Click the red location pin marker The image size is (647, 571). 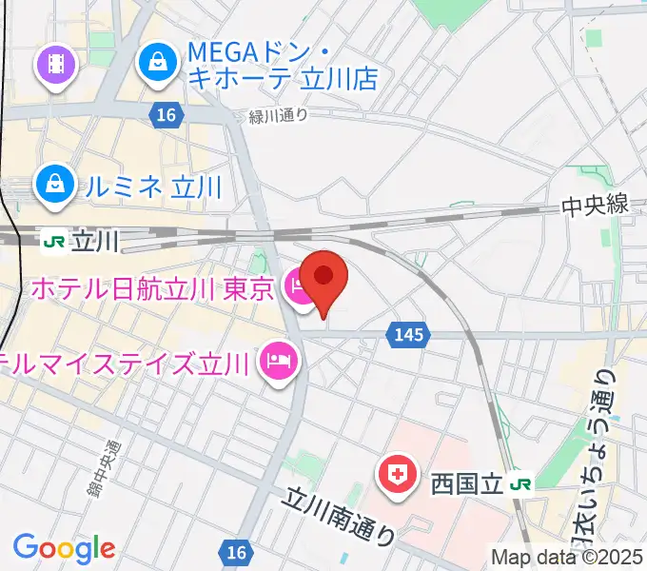(323, 278)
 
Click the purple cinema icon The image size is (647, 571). (55, 64)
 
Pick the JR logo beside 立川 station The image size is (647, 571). (55, 241)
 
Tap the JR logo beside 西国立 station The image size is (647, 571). (520, 484)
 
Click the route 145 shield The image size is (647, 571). (409, 334)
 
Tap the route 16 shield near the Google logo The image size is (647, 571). (236, 552)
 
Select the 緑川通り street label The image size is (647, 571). (279, 115)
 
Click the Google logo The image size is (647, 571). (64, 549)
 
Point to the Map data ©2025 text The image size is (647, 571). (565, 558)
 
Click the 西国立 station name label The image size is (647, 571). (466, 484)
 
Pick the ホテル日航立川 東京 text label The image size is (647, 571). (152, 286)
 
